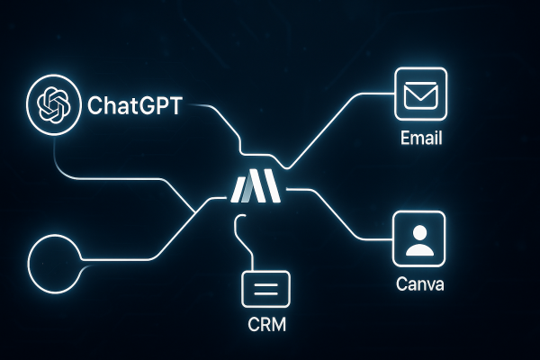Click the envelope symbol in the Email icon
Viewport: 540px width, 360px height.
[x=419, y=94]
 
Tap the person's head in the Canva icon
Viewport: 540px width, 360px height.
[x=419, y=232]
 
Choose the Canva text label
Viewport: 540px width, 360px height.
[x=419, y=285]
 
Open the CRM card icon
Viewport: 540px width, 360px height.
[x=265, y=291]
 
